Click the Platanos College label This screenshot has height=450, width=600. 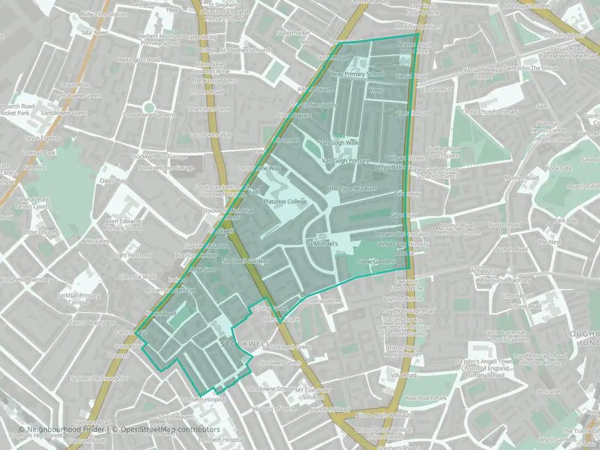(285, 202)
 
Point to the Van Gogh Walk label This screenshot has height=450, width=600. (339, 142)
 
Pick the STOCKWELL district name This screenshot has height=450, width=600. (245, 344)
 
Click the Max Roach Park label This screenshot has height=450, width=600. (426, 397)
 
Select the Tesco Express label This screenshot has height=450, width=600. (42, 138)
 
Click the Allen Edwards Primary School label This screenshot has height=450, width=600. (124, 224)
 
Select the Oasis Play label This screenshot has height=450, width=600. (112, 181)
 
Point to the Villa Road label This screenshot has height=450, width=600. (403, 375)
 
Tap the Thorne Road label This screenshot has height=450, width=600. (207, 92)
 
